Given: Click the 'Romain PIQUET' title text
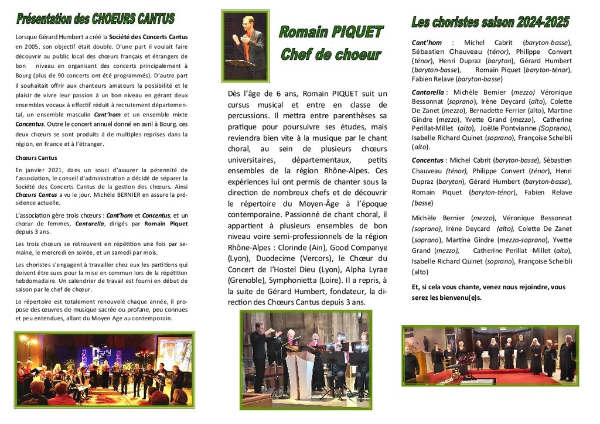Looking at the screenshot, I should pos(330,32).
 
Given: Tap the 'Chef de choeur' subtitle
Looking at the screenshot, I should pos(330,55).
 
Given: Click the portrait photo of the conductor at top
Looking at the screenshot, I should pos(246,47).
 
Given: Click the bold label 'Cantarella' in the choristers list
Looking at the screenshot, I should pos(428,93).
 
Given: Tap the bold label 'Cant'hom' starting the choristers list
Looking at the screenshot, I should pos(427,43).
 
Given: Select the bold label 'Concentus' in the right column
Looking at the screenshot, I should pos(428,160).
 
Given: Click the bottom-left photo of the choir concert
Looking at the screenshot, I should pos(103,370).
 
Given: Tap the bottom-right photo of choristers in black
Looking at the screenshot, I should pos(490,355).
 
